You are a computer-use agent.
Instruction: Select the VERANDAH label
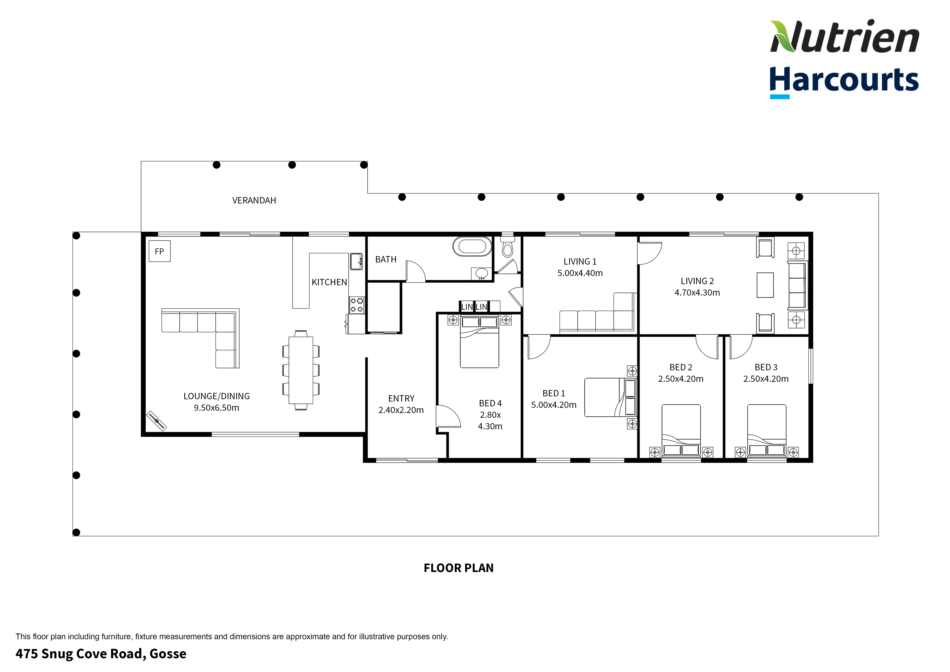(x=254, y=200)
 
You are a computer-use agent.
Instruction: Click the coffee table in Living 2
(x=765, y=285)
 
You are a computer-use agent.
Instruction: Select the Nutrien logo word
(x=844, y=37)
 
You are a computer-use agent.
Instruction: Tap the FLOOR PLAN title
(x=459, y=568)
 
